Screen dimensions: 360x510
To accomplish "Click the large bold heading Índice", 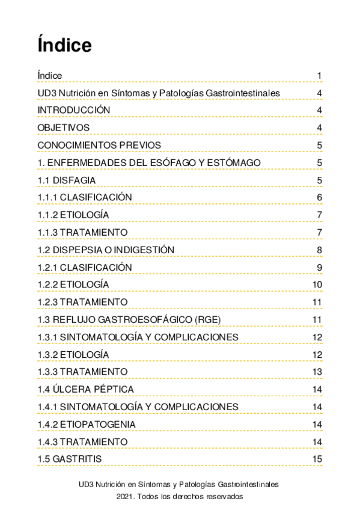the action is click(64, 45).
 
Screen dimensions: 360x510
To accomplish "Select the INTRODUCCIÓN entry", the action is click(74, 110).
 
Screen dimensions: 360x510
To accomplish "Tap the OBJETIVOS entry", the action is click(64, 127).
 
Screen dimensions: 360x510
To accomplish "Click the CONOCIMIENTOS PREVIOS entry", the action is click(99, 145).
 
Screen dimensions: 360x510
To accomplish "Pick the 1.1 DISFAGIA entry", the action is click(66, 180).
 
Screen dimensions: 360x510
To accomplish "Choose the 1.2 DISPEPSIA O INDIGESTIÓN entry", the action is click(106, 250).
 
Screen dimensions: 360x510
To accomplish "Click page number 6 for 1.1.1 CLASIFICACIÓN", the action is click(320, 198).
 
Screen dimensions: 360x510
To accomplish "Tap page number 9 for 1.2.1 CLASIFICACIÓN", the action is click(320, 268).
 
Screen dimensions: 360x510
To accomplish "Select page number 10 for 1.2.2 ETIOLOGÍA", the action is click(318, 285).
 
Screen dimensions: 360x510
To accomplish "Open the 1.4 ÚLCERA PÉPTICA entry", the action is click(85, 389).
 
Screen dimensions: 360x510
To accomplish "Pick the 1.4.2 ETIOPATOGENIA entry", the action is click(87, 424).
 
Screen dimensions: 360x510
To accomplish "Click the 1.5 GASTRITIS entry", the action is click(69, 459).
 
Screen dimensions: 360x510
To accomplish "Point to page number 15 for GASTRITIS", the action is click(318, 459).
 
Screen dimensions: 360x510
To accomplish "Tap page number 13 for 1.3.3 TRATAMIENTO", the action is click(318, 372).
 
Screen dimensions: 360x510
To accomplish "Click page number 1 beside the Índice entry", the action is click(320, 76).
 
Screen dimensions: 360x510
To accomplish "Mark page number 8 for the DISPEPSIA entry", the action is click(320, 250).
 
